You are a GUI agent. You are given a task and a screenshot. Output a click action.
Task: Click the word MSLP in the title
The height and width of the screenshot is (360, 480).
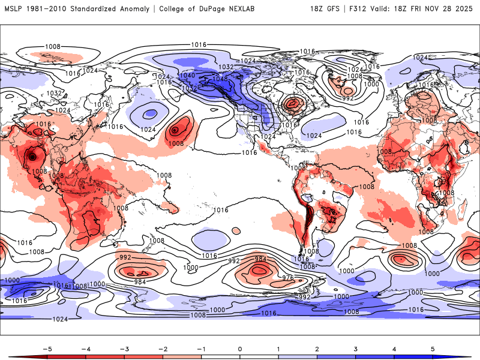(x=14, y=9)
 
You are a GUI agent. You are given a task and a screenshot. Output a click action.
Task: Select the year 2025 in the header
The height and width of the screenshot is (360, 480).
(x=465, y=9)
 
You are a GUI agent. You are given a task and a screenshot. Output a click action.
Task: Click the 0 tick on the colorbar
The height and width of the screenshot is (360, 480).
(x=240, y=348)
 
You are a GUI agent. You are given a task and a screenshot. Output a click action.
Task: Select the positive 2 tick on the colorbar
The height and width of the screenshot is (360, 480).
(x=317, y=348)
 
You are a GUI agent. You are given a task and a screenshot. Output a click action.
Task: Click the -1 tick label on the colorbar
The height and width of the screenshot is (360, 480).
(x=201, y=348)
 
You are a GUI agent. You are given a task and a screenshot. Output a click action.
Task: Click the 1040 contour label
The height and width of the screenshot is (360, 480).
(x=187, y=76)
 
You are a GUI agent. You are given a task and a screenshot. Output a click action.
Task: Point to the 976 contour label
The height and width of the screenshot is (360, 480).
(x=287, y=278)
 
